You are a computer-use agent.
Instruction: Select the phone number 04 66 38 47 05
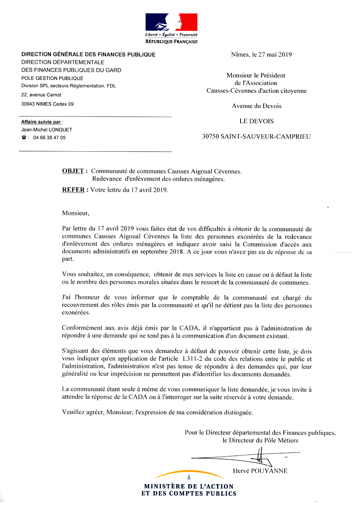click(x=49, y=138)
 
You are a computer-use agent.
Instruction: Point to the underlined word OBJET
click(x=73, y=171)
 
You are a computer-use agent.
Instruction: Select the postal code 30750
click(x=211, y=136)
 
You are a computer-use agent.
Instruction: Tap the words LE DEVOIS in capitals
click(x=256, y=121)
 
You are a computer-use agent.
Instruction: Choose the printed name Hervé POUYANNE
click(x=260, y=471)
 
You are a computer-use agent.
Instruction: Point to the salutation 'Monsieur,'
click(x=75, y=214)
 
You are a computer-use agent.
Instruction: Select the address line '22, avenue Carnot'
click(x=41, y=95)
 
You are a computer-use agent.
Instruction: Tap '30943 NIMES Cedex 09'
click(x=48, y=104)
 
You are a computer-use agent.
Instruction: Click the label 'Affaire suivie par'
click(x=41, y=122)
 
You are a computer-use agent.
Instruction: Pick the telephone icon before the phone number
click(x=24, y=138)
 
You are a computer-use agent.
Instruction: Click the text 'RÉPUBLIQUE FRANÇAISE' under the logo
click(x=171, y=42)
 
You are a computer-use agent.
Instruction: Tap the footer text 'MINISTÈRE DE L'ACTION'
click(x=189, y=486)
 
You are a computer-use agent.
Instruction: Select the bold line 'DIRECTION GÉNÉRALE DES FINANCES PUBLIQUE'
click(x=88, y=54)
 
